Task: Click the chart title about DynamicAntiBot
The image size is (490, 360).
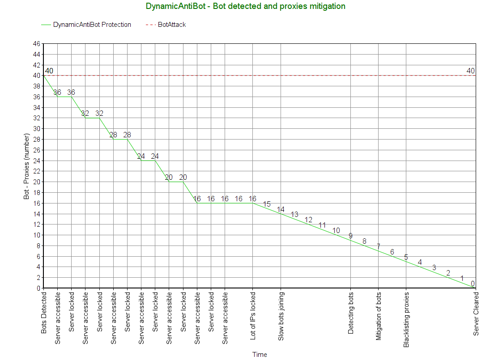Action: [245, 6]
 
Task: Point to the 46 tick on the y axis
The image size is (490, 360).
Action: [36, 44]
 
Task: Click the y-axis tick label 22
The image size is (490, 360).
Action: [36, 171]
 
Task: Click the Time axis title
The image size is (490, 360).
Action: [260, 355]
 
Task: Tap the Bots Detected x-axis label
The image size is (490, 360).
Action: [44, 313]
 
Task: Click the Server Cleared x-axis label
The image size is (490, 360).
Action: [476, 313]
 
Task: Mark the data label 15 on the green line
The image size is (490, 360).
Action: [267, 204]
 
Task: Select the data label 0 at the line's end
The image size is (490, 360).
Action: [473, 284]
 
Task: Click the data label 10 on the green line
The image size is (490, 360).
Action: [337, 231]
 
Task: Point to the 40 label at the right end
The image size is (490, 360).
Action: [471, 71]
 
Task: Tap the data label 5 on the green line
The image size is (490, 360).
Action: [406, 257]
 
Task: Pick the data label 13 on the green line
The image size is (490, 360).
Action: [294, 215]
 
